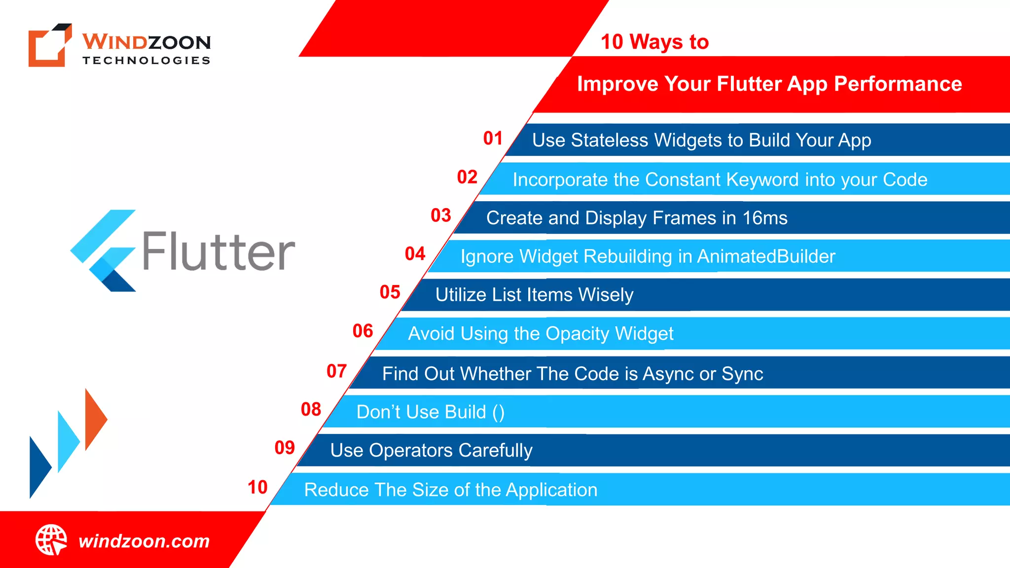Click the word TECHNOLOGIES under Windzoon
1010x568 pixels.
(146, 61)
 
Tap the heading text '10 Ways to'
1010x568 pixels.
(654, 42)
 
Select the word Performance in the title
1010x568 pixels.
(898, 84)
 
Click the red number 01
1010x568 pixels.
(493, 139)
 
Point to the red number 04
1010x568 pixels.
(415, 254)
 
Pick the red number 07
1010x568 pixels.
(336, 371)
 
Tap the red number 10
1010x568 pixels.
(257, 488)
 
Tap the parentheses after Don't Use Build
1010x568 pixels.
(498, 413)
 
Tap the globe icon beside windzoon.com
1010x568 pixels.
(51, 540)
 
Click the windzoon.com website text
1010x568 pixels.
(144, 541)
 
